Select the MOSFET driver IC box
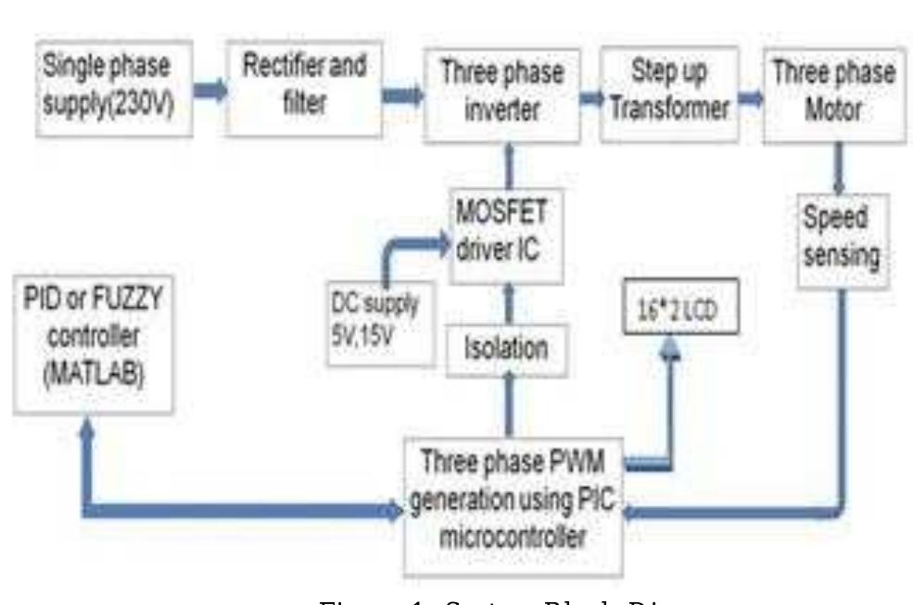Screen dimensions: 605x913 pyautogui.click(x=504, y=234)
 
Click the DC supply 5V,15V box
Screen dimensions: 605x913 pyautogui.click(x=374, y=316)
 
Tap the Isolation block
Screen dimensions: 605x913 pyautogui.click(x=505, y=348)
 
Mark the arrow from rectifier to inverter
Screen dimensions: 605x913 pyautogui.click(x=401, y=94)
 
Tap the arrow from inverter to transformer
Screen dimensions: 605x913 pyautogui.click(x=589, y=95)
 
